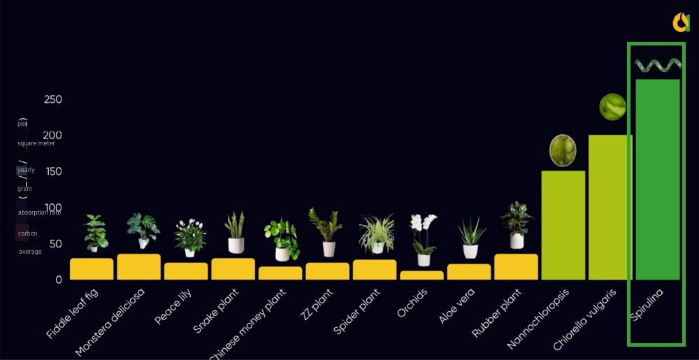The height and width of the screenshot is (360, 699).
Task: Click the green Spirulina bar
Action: [x=657, y=180]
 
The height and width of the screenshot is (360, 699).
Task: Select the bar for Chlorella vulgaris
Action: [x=610, y=208]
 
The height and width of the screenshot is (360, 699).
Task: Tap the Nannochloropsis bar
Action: [x=563, y=225]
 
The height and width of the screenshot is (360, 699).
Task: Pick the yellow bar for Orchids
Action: [x=421, y=275]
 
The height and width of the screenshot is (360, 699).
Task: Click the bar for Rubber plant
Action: [x=516, y=267]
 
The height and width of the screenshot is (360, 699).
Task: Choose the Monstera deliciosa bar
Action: [x=138, y=267]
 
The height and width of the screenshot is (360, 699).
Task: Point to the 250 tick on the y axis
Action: [x=53, y=99]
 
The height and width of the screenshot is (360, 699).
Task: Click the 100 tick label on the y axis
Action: [x=53, y=208]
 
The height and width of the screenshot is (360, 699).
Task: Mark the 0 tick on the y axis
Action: [x=59, y=280]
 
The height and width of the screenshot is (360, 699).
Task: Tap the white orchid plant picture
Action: [x=424, y=240]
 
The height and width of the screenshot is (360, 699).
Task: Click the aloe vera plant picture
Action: [x=471, y=238]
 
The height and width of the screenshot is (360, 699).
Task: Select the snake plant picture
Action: [x=236, y=232]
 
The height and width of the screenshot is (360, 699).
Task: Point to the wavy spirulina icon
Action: [x=658, y=66]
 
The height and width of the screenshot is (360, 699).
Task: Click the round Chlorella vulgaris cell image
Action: [x=612, y=107]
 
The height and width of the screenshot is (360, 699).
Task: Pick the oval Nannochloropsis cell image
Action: [x=563, y=150]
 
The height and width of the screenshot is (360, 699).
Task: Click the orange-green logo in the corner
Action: [x=681, y=22]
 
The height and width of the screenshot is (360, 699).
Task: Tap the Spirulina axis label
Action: [x=647, y=305]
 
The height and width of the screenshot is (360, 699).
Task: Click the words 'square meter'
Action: [x=36, y=143]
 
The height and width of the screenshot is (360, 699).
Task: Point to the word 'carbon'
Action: [x=28, y=233]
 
